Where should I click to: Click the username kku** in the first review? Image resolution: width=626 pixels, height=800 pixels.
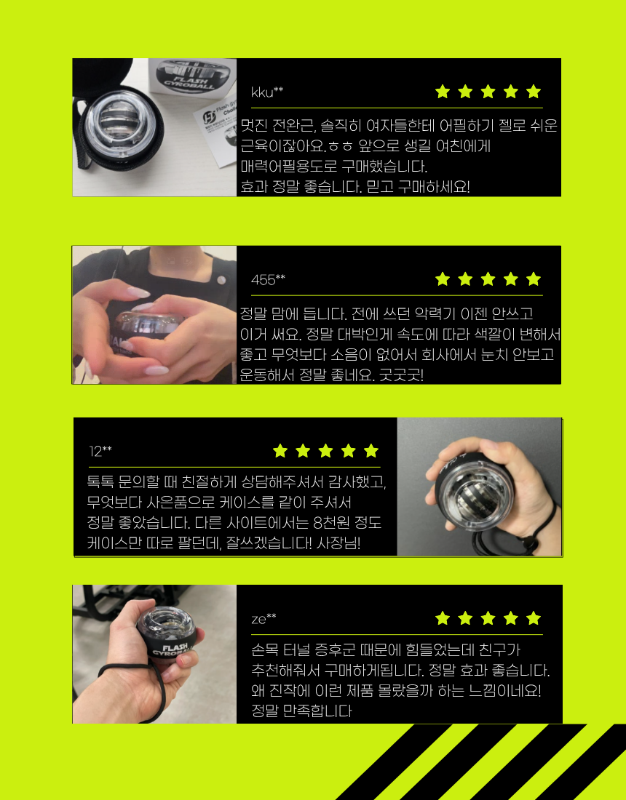point(267,92)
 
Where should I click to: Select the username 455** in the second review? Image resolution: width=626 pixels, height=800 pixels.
point(268,279)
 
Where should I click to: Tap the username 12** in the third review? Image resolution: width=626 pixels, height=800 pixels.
point(100,451)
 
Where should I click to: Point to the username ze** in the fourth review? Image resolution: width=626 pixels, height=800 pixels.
point(264,619)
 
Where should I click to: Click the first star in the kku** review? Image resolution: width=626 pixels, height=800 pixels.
point(442,92)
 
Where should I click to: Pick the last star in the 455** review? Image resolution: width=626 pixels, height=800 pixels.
point(533,279)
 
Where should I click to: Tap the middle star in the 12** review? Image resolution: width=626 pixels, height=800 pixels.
point(325,450)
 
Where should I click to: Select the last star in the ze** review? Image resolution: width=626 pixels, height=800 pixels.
point(533,618)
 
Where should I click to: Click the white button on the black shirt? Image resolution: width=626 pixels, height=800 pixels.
point(221,280)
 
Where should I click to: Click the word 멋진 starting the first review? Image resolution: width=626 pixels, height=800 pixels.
point(254,126)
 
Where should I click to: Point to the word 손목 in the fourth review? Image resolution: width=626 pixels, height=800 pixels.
point(264,650)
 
